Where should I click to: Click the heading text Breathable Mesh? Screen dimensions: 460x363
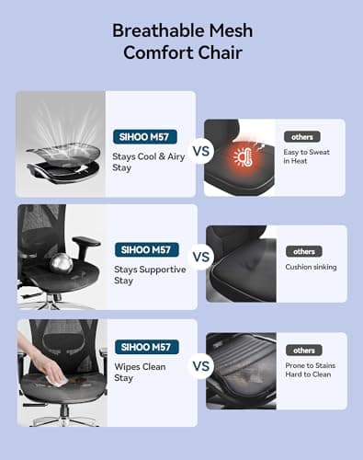[x=182, y=30]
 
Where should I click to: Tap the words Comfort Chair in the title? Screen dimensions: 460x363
[x=182, y=52]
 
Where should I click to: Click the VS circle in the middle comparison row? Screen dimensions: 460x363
[x=199, y=257]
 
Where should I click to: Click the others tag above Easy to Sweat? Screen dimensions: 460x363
[x=302, y=137]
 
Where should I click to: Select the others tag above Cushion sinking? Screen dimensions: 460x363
[x=303, y=251]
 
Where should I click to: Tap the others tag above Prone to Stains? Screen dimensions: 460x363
[x=303, y=351]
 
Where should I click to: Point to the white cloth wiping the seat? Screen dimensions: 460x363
[x=58, y=377]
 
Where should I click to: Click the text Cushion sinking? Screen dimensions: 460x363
[x=311, y=267]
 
